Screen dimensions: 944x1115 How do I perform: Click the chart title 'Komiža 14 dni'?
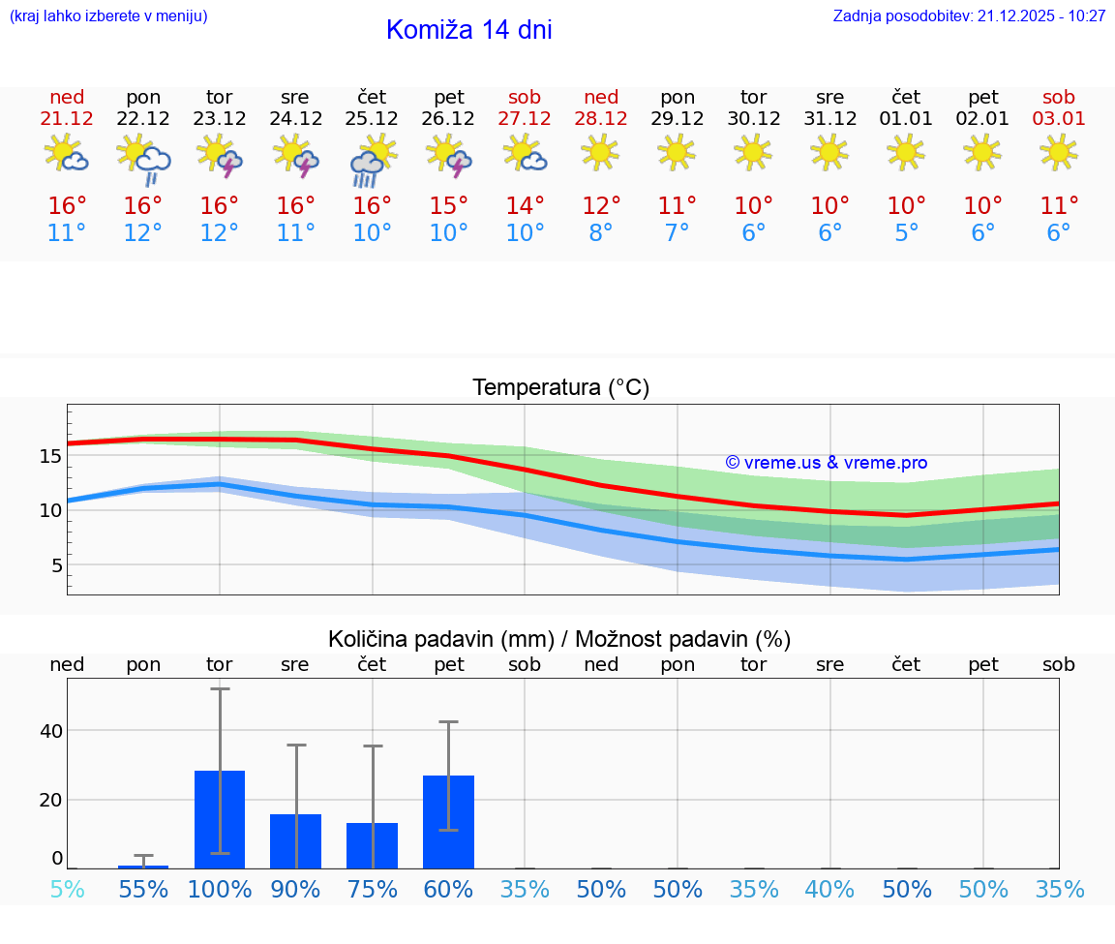(x=468, y=30)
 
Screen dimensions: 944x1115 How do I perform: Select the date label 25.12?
(x=372, y=118)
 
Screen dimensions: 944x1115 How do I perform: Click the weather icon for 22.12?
(x=143, y=159)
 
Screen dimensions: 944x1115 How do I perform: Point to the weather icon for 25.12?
(x=372, y=160)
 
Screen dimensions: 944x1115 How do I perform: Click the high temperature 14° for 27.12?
(x=525, y=206)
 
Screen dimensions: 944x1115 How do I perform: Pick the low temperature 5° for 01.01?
(x=906, y=233)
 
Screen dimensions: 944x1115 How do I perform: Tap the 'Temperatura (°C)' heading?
(x=560, y=388)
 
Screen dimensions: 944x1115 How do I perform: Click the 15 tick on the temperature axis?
(x=51, y=455)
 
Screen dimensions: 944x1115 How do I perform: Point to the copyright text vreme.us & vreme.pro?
(x=826, y=463)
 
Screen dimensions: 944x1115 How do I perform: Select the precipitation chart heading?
(x=559, y=639)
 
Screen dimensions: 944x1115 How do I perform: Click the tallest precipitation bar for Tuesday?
(x=220, y=819)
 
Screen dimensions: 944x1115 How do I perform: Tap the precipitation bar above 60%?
(x=448, y=821)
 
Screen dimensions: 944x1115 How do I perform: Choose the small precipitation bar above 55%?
(x=143, y=867)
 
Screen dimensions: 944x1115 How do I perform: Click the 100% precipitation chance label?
(x=220, y=889)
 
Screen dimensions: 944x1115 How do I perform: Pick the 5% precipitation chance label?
(x=67, y=889)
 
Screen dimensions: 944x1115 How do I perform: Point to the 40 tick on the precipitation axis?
(x=51, y=730)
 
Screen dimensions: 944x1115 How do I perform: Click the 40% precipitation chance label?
(x=829, y=889)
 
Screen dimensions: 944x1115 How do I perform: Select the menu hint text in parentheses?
(x=108, y=16)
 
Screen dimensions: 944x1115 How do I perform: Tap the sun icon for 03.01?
(x=1058, y=152)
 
